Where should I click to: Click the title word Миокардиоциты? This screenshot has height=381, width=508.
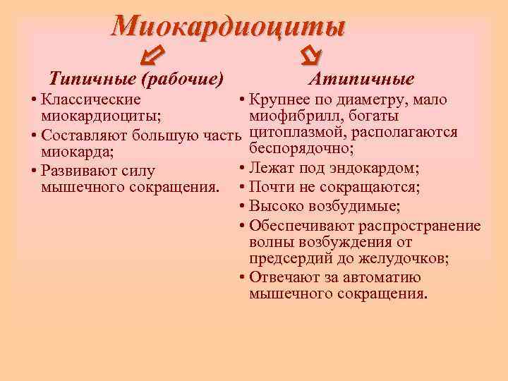coord(229,27)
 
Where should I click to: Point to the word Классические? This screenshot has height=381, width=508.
coord(91,100)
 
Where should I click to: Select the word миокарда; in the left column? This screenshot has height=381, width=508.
coord(73,152)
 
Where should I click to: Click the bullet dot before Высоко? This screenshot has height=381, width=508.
coord(242,206)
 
